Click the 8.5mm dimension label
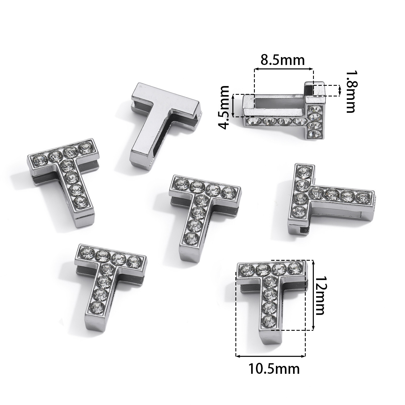[x=282, y=60]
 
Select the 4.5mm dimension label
[x=223, y=107]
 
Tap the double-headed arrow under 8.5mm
[x=284, y=69]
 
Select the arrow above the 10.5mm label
[x=271, y=350]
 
